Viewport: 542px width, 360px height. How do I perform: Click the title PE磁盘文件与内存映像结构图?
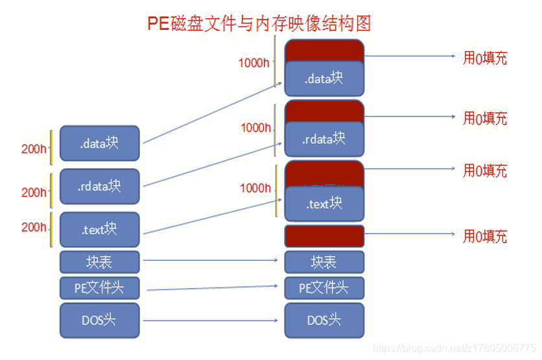(x=259, y=23)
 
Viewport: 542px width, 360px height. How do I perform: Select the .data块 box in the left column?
(x=99, y=143)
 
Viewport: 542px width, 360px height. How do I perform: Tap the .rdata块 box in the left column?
(x=99, y=186)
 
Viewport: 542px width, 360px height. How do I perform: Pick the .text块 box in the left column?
(x=99, y=229)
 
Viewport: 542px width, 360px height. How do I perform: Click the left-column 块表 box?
(x=99, y=262)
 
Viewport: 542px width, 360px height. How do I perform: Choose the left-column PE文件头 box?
(x=99, y=288)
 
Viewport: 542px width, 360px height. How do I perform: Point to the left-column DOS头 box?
(x=99, y=320)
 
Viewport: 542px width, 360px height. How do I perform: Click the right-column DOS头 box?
(x=324, y=320)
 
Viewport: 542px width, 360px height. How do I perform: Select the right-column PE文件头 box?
(x=324, y=288)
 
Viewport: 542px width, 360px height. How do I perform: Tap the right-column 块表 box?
(x=324, y=262)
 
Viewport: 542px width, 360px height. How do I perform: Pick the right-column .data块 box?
(x=324, y=78)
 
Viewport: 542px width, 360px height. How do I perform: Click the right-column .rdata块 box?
(x=324, y=138)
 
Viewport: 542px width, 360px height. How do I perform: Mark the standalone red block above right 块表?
(x=324, y=235)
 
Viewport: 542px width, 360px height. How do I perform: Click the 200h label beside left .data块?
(x=34, y=149)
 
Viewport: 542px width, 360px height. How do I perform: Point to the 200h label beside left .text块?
(x=34, y=227)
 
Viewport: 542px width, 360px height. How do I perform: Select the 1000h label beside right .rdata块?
(x=255, y=128)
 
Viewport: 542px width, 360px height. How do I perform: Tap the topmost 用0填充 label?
(x=484, y=58)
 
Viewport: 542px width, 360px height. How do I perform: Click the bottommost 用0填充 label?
(x=484, y=236)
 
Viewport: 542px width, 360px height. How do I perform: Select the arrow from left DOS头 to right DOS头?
(x=212, y=320)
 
